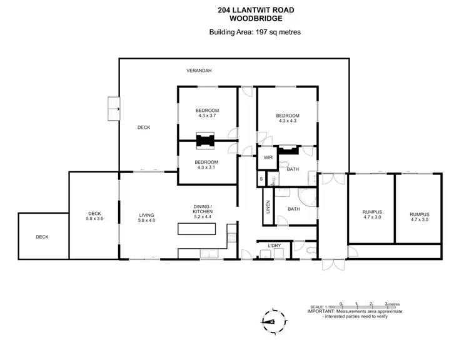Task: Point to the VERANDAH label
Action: pyautogui.click(x=199, y=71)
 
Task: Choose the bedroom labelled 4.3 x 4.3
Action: pyautogui.click(x=288, y=118)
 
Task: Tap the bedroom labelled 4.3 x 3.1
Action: pyautogui.click(x=207, y=165)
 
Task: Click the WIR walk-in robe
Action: pyautogui.click(x=268, y=157)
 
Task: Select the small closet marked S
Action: pyautogui.click(x=261, y=179)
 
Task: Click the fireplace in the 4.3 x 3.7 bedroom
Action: pyautogui.click(x=204, y=141)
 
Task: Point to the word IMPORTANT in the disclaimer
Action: pyautogui.click(x=321, y=311)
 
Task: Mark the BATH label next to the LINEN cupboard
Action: pyautogui.click(x=293, y=209)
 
